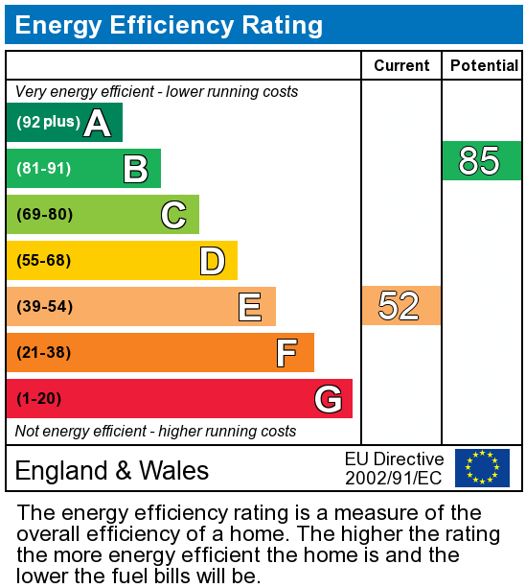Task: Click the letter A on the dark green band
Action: [97, 123]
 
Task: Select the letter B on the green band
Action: [135, 169]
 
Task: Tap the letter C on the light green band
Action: [173, 215]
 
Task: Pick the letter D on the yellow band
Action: [212, 261]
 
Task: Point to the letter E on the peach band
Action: [250, 307]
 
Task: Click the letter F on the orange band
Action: [286, 353]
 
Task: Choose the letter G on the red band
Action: [328, 398]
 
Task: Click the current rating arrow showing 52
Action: [400, 306]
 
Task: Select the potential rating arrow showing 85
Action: [481, 161]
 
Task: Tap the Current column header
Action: [401, 66]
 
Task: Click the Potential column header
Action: [484, 66]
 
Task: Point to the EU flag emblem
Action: [482, 468]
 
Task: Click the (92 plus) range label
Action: [48, 123]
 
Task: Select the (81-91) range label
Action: [44, 169]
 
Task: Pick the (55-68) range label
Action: [44, 261]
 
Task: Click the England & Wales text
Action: [112, 470]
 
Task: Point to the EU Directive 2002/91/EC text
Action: [394, 468]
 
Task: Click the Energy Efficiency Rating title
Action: [169, 25]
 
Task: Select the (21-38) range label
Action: [44, 353]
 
